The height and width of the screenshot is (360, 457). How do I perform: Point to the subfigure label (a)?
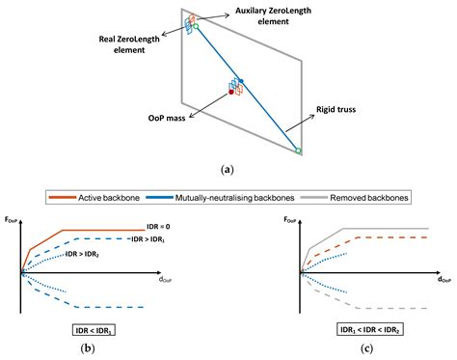pos(228,169)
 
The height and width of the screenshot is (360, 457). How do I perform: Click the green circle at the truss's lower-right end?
pos(299,151)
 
